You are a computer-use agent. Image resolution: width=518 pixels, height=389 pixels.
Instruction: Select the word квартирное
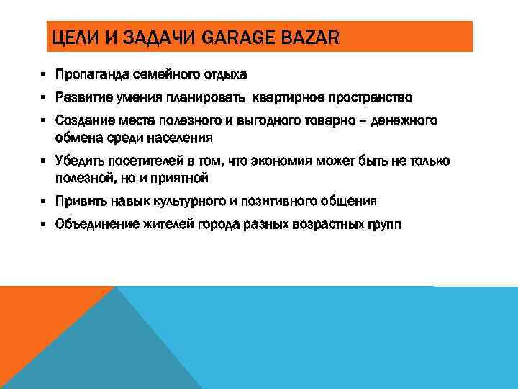pyautogui.click(x=288, y=97)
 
